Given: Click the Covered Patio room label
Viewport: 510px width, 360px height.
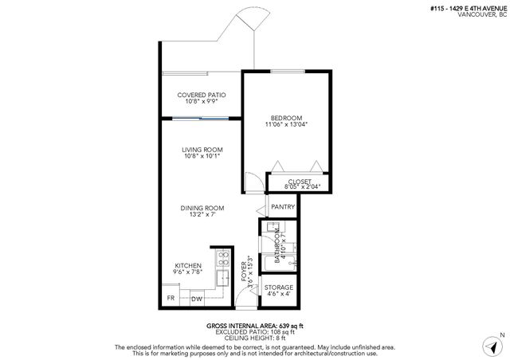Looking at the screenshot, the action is pos(202,95).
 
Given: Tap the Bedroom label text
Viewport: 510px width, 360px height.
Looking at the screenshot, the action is pos(286,118).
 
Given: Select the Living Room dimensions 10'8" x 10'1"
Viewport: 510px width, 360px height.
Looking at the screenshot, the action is pos(202,156).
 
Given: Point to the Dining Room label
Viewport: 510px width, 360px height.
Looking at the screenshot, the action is pos(202,208).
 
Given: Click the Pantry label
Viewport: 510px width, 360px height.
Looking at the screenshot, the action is pos(283,207).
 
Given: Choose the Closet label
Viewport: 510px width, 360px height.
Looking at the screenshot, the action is pos(300,182).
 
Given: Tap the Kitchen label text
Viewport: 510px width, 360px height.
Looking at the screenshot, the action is pos(188,266).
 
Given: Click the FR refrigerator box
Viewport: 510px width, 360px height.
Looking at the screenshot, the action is pos(171,296).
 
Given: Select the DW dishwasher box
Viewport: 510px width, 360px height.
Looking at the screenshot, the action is pos(197,299).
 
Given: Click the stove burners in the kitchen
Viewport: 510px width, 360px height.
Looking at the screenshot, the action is pos(223,258).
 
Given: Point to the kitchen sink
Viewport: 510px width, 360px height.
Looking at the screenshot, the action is pos(223,278).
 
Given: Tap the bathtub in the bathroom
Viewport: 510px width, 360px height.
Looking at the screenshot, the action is pos(280,264).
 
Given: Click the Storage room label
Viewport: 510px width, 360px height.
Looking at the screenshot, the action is pos(279,288).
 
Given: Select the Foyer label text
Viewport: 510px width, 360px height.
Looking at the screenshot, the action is pos(244,272).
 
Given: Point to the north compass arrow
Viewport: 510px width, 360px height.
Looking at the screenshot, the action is pos(492,347).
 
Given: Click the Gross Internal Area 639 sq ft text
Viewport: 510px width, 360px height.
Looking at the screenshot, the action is pos(255,326).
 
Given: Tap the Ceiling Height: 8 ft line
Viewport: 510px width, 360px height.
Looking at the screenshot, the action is pos(255,338).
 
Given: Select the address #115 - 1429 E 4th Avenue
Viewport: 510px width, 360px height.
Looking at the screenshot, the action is pos(469,9).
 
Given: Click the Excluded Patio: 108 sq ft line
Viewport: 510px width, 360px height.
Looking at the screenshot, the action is pos(255,332).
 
